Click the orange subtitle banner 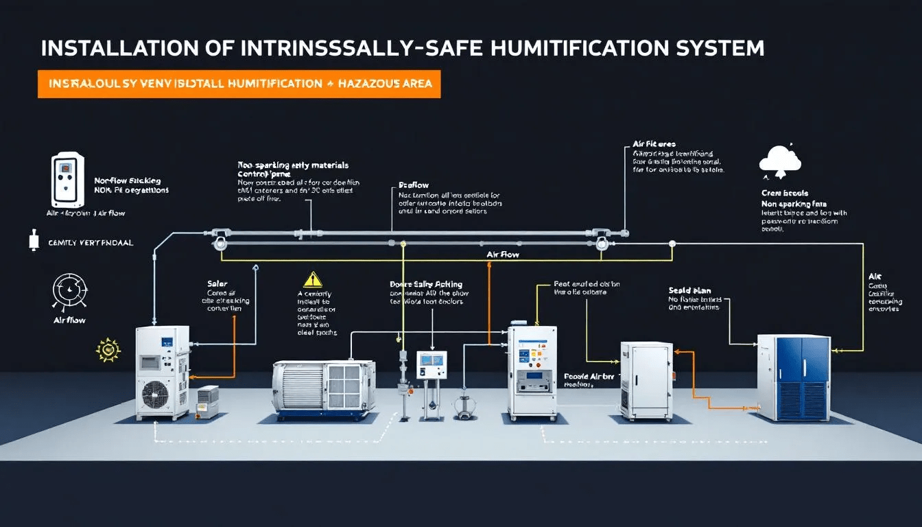239,83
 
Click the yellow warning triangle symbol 312,279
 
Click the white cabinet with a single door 647,379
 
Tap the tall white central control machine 532,371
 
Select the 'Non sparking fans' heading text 793,204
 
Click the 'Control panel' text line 264,174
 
